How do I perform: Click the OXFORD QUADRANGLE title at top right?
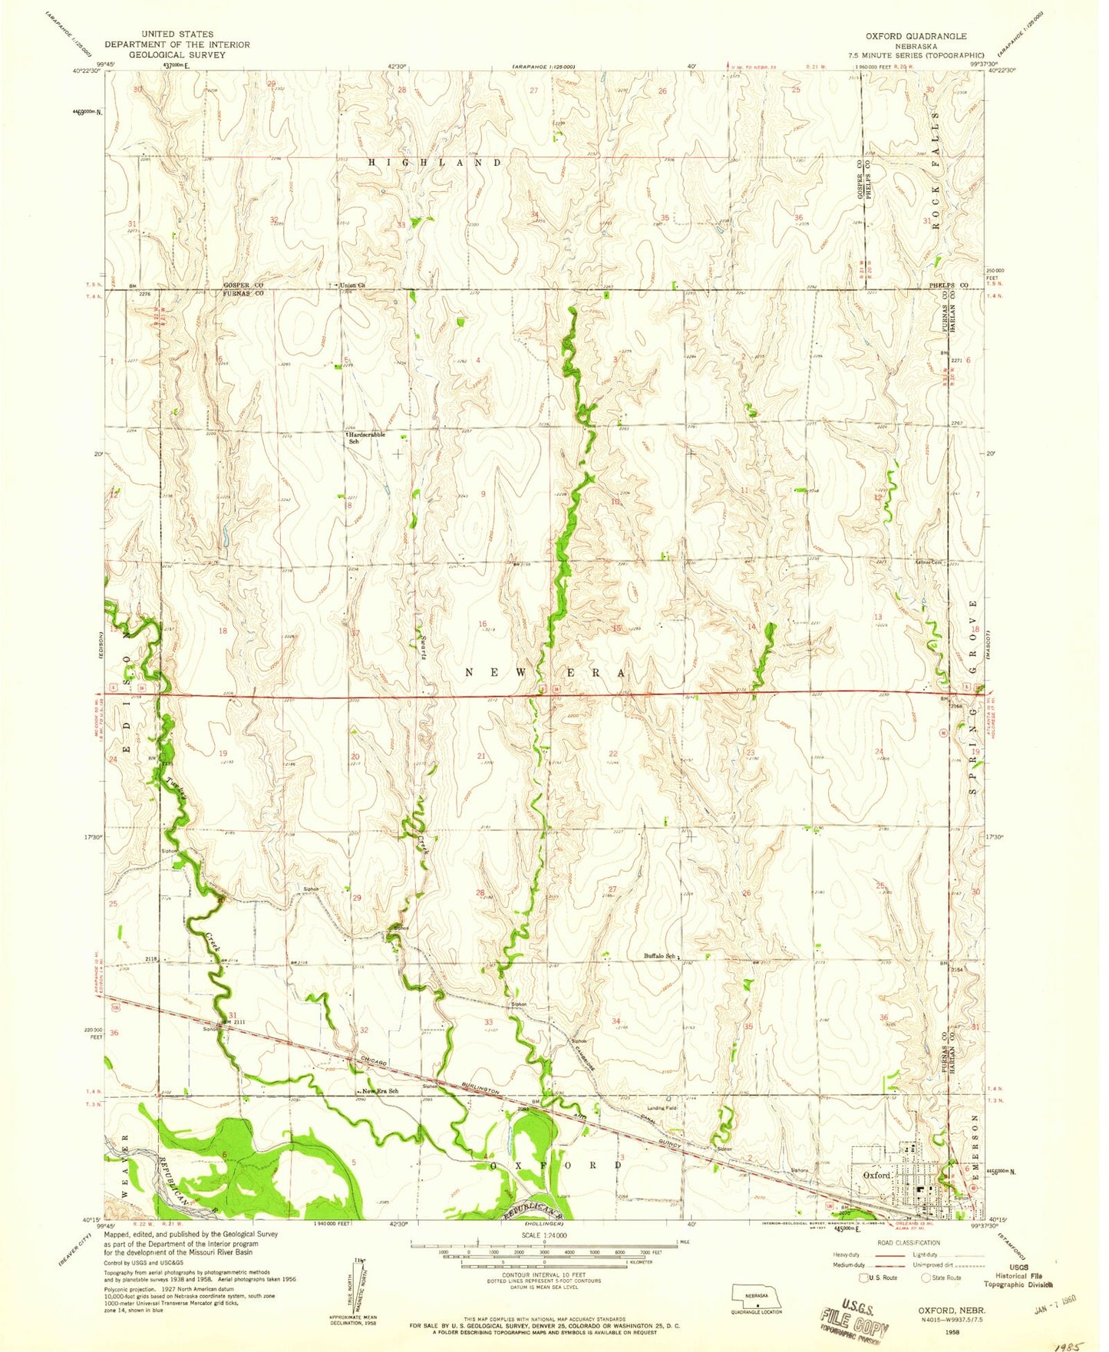(x=916, y=36)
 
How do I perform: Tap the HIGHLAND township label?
(x=435, y=163)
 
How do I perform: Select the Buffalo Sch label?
(x=660, y=956)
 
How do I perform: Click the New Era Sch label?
(x=381, y=1091)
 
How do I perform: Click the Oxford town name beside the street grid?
(x=876, y=1175)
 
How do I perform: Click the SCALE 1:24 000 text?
(x=544, y=1236)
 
